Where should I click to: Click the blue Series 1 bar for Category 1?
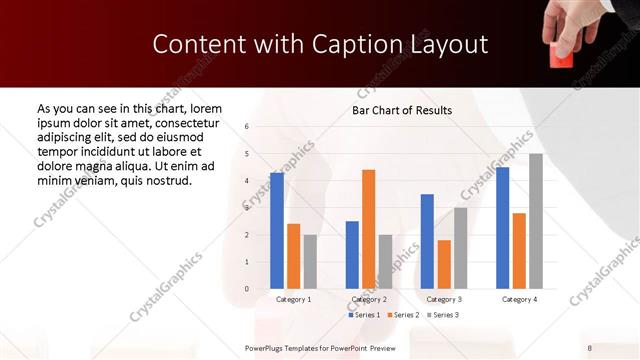click(x=277, y=231)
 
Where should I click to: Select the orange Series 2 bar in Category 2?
click(x=369, y=229)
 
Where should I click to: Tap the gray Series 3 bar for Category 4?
click(x=536, y=221)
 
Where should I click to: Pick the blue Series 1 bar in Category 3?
click(x=427, y=241)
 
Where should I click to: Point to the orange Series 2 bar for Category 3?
click(x=444, y=264)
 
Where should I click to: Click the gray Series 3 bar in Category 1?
click(x=310, y=262)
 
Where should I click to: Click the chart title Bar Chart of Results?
click(x=402, y=110)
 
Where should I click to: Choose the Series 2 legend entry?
click(x=403, y=315)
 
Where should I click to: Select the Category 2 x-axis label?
click(x=368, y=299)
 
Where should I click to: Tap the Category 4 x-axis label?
click(x=518, y=299)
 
